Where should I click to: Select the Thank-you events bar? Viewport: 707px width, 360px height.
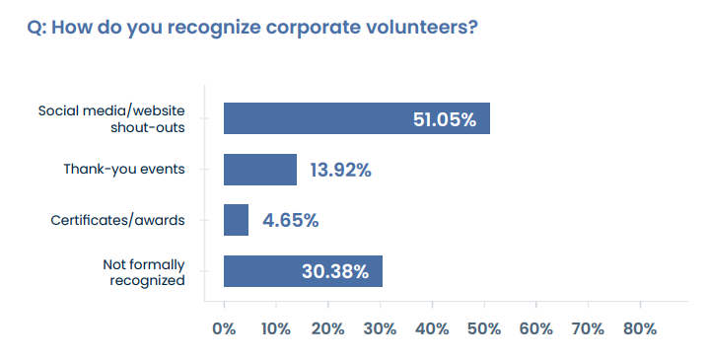[260, 170]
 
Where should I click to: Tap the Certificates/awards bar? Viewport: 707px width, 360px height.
[237, 220]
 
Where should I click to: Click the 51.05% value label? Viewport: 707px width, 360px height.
[444, 120]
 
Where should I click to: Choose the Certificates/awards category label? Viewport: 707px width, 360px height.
[118, 220]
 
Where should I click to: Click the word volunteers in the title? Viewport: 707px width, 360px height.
[420, 27]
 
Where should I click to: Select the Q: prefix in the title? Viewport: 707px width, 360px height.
[37, 27]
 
